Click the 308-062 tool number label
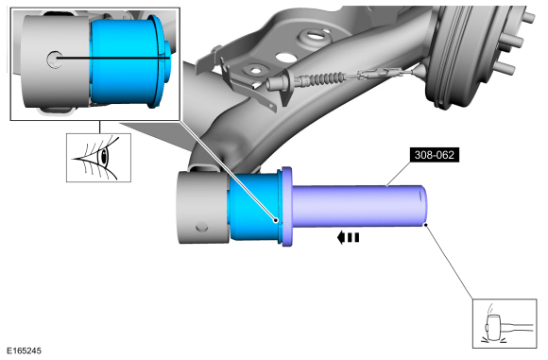click(x=435, y=155)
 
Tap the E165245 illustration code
click(x=24, y=351)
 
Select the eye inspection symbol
click(x=99, y=157)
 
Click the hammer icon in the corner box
click(x=505, y=323)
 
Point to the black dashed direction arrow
click(x=348, y=238)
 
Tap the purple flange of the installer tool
click(x=286, y=207)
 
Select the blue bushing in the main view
click(x=254, y=207)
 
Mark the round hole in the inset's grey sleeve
click(x=55, y=60)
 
